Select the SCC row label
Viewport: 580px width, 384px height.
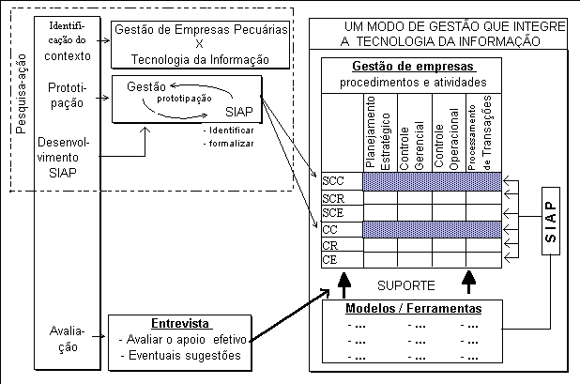[x=332, y=180]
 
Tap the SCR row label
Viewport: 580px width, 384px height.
[x=332, y=198]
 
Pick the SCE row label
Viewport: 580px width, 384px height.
[x=332, y=213]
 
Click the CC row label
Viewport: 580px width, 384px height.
[x=329, y=229]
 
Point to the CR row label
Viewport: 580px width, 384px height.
[x=329, y=244]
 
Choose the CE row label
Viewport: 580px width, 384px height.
[x=329, y=259]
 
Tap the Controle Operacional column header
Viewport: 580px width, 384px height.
[x=448, y=133]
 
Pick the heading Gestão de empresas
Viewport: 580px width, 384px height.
[x=413, y=67]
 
